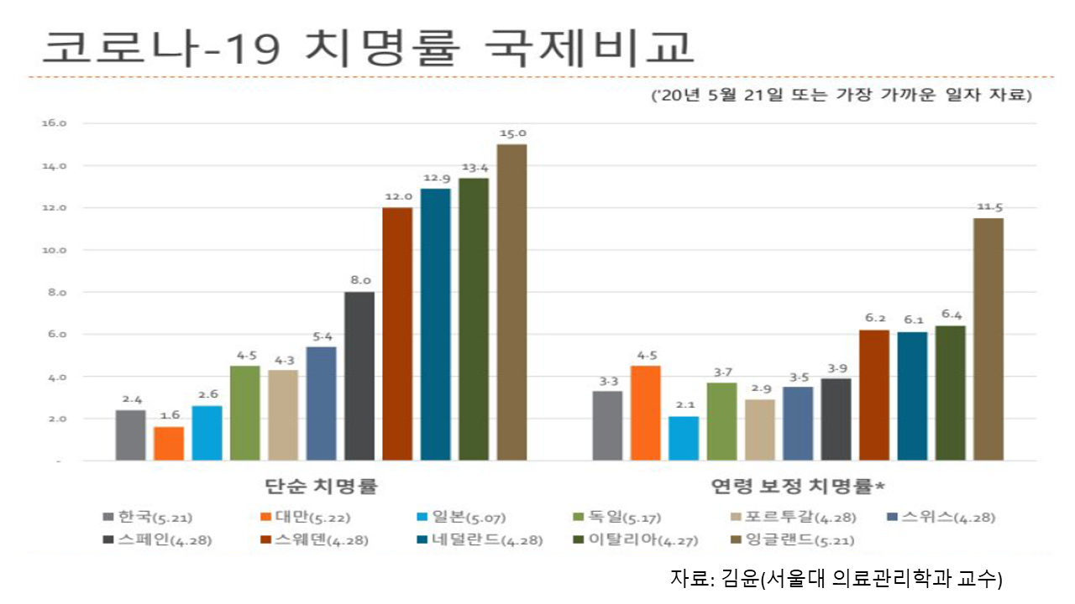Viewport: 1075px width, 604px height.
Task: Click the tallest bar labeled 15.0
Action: [511, 302]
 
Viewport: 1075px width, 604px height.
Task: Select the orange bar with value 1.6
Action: [169, 443]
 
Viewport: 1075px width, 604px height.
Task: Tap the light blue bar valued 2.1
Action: [684, 438]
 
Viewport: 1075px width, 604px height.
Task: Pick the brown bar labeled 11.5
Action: [988, 339]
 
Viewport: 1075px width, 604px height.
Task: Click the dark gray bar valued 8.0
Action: [359, 376]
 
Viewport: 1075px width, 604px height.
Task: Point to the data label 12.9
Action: [435, 178]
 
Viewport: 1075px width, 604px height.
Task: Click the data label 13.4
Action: [474, 168]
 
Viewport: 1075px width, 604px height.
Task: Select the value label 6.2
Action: [873, 320]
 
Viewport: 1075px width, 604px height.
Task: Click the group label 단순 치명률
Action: [321, 486]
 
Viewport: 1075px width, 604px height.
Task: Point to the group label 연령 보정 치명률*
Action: [799, 486]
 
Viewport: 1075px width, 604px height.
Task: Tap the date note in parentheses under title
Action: [842, 96]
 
